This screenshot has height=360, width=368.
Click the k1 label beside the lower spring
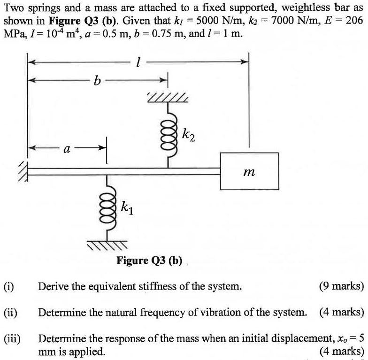point(127,207)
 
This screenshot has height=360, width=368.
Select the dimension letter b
point(97,81)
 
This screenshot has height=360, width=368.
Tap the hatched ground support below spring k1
point(107,245)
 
